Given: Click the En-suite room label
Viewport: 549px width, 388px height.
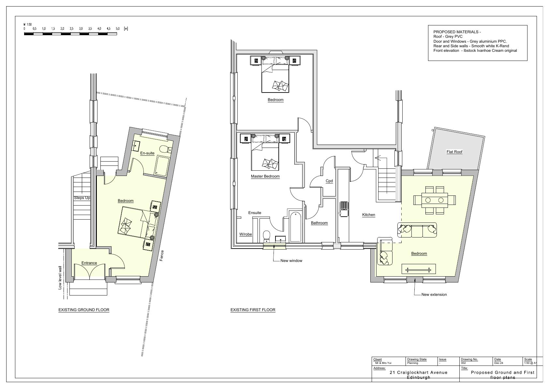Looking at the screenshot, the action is (x=147, y=153).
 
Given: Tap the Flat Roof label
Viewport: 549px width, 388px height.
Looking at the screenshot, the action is (x=454, y=152).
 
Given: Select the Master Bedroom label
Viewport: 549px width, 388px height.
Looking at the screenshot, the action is (x=265, y=176).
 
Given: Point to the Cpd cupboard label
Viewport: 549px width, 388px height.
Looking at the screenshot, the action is (x=329, y=181).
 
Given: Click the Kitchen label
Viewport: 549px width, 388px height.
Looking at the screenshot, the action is (x=369, y=215).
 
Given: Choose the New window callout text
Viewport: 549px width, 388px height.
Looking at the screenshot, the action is (x=291, y=261).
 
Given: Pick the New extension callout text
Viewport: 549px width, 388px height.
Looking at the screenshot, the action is (x=434, y=295).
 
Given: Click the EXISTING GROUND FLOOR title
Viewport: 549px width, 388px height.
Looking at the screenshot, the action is (x=84, y=310).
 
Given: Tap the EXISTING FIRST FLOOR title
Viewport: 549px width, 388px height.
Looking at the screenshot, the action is (x=253, y=310).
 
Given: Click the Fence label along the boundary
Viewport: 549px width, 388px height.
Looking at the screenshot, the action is (x=162, y=256).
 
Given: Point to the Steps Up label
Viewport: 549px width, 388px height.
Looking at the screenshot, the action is (x=82, y=198).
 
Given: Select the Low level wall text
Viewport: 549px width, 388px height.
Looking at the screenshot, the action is (x=60, y=278).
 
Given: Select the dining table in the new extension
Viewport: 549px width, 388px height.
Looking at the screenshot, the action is (x=435, y=200).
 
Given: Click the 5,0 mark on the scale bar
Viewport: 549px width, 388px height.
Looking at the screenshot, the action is (x=118, y=29).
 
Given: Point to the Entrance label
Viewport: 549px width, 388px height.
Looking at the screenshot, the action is (x=89, y=263).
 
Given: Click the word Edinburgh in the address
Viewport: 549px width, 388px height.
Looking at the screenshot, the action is (x=419, y=378).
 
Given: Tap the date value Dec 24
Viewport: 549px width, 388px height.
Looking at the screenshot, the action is (x=498, y=363).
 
